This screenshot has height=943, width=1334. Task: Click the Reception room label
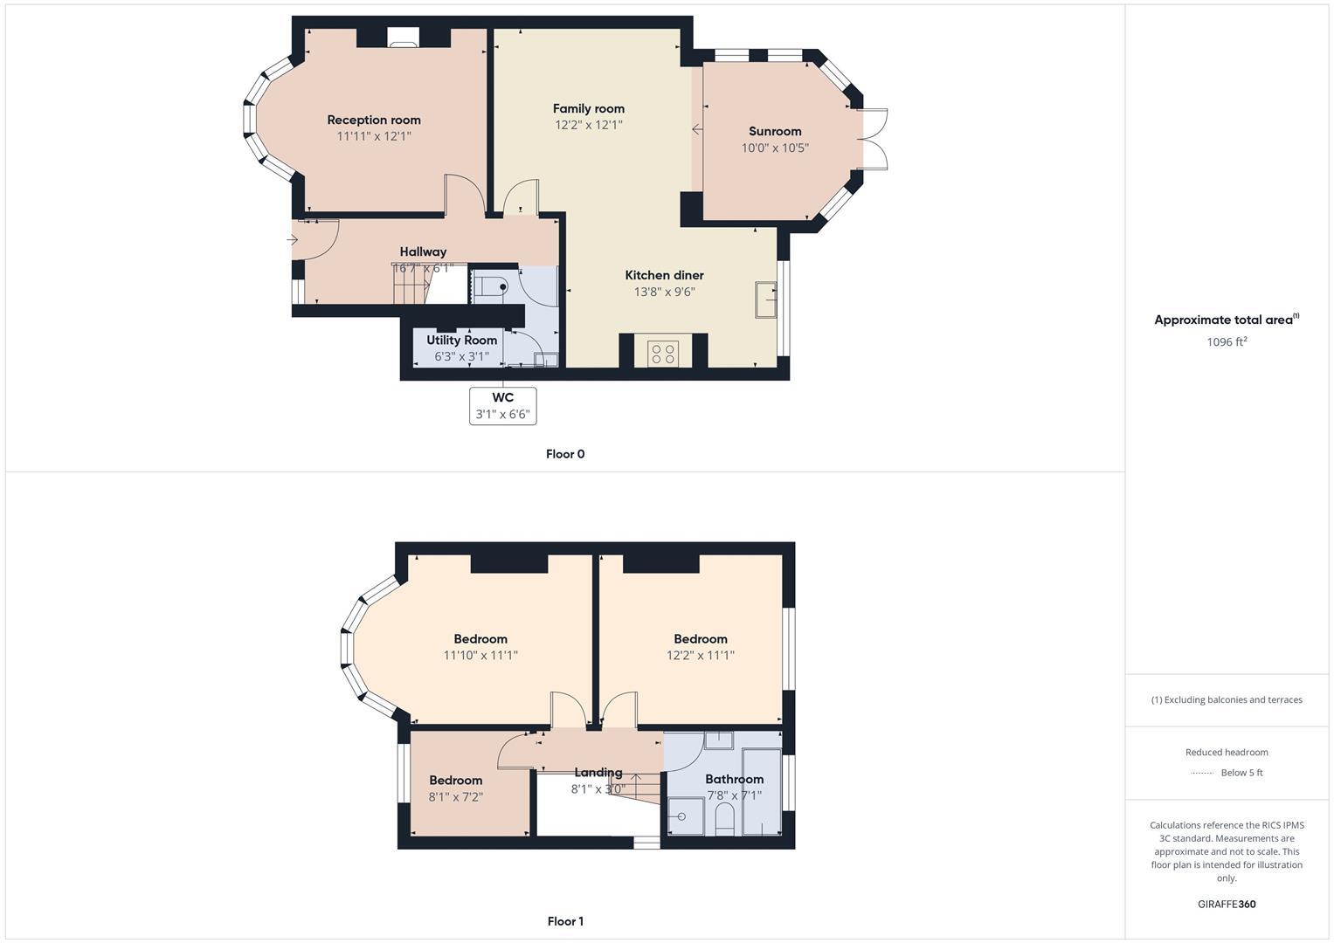click(x=374, y=120)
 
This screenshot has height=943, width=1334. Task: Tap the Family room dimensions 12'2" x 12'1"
click(x=588, y=125)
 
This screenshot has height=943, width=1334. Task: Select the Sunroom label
click(x=775, y=131)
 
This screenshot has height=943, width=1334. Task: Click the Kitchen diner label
click(x=664, y=275)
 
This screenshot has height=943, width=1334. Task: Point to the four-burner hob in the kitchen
click(x=663, y=353)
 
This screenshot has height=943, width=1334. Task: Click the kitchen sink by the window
click(x=766, y=301)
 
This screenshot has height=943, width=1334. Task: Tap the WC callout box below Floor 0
click(x=502, y=406)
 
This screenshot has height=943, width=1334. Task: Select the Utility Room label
click(x=461, y=340)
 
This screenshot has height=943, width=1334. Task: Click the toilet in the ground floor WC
click(x=492, y=286)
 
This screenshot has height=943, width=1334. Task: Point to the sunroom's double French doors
click(x=874, y=138)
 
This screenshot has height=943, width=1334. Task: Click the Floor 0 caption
click(x=565, y=454)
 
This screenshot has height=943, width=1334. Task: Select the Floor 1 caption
click(x=565, y=921)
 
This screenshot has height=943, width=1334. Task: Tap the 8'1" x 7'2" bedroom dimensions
click(x=455, y=796)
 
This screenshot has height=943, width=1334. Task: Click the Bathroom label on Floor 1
click(x=734, y=779)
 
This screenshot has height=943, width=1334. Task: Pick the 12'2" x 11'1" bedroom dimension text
click(x=700, y=655)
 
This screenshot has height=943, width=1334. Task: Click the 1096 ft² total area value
click(x=1227, y=341)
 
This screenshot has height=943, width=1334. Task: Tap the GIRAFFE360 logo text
click(x=1227, y=904)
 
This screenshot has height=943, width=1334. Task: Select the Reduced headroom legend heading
click(x=1227, y=752)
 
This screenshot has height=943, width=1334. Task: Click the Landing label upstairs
click(x=598, y=772)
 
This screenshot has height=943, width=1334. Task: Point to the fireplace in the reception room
click(x=403, y=37)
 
